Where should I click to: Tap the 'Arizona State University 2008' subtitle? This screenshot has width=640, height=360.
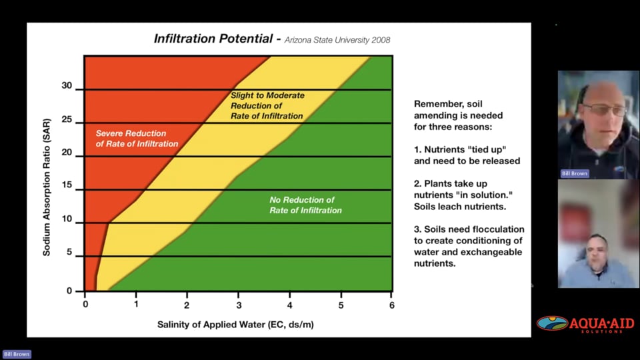coord(337,40)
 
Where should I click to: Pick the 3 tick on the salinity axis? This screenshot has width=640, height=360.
coord(238,305)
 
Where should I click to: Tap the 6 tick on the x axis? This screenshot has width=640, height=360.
coord(392,305)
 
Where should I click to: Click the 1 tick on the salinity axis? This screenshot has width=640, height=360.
coord(136,305)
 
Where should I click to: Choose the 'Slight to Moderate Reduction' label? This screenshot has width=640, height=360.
coord(267,105)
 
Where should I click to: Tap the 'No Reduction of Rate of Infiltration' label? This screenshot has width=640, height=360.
coord(305,205)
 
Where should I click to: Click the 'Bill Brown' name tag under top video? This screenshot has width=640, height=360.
coord(575,173)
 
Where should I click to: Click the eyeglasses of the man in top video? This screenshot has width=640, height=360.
coord(603,109)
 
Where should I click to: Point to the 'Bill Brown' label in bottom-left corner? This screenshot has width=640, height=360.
coord(17,354)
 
